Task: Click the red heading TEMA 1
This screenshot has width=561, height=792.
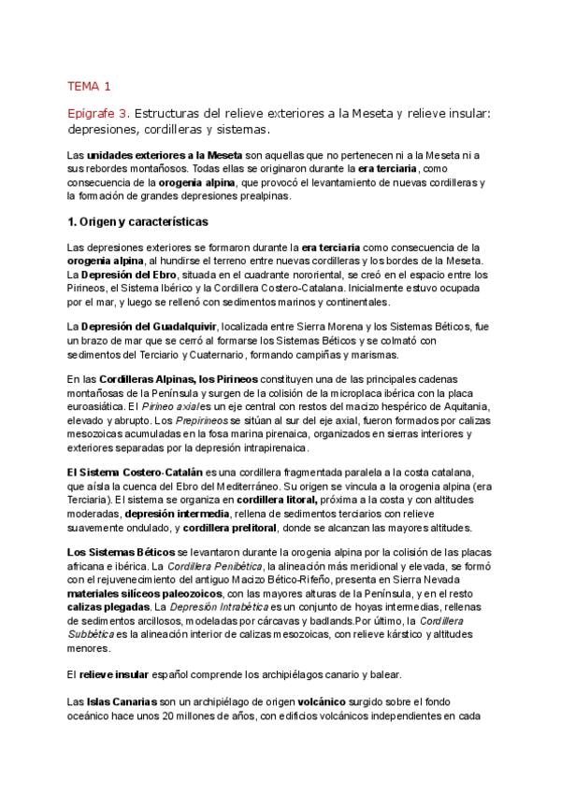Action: click(89, 88)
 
